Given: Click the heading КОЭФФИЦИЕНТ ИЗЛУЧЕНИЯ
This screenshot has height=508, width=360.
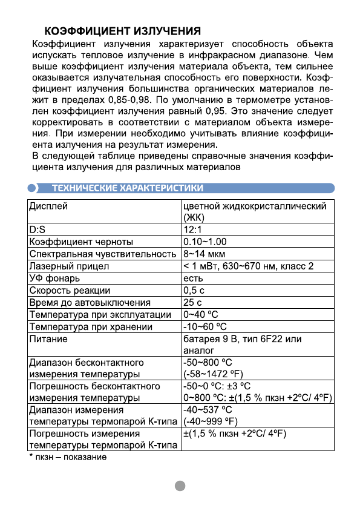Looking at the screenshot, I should (122, 31).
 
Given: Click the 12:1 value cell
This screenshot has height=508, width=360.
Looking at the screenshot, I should (194, 230).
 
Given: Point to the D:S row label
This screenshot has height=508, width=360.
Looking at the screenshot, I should (37, 230).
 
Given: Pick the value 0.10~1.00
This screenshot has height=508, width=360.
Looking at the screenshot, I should (205, 242).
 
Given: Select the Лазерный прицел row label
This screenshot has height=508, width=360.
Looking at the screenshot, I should (69, 266).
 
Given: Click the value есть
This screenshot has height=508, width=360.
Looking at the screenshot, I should (192, 278).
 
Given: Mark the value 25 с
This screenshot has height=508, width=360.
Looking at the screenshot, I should (192, 302).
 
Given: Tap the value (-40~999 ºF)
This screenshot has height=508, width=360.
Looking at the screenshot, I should (209, 421).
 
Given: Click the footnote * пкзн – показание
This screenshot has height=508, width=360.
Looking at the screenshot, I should (68, 457).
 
